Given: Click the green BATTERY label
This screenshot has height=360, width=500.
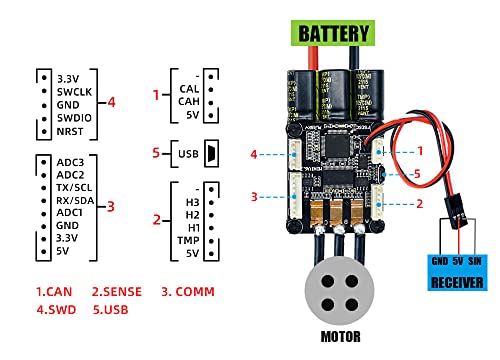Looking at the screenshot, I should pyautogui.click(x=333, y=32).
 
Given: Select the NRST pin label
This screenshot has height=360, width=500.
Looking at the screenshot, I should pyautogui.click(x=71, y=132).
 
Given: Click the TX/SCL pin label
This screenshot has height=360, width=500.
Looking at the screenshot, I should pyautogui.click(x=77, y=188).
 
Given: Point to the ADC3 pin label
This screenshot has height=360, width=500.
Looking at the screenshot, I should pyautogui.click(x=71, y=160).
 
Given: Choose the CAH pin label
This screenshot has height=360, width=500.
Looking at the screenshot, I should pyautogui.click(x=190, y=101).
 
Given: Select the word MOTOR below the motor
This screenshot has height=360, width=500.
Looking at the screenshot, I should pyautogui.click(x=340, y=335).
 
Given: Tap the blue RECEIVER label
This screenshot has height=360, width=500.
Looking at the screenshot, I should pyautogui.click(x=456, y=281).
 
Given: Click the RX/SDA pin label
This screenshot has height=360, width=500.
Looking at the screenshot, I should pyautogui.click(x=77, y=202).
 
